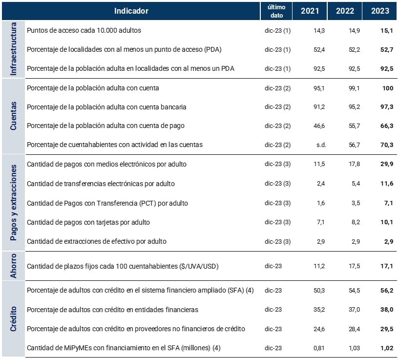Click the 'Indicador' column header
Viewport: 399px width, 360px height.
[x=131, y=11]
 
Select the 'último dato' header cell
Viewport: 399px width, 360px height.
[x=277, y=11]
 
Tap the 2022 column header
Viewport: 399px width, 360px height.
[x=345, y=11]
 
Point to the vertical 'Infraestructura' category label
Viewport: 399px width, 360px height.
[x=13, y=49]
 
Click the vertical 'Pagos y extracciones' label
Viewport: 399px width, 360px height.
[x=13, y=203]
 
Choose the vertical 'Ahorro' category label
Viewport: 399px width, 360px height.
[x=13, y=266]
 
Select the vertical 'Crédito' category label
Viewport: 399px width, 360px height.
[x=13, y=319]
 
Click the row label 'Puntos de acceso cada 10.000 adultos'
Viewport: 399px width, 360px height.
[x=84, y=30]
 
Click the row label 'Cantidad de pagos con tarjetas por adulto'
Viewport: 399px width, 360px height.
[x=88, y=222]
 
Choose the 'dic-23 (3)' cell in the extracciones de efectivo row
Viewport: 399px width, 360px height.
[x=277, y=241]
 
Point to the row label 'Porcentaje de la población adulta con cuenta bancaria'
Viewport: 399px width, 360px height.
[x=106, y=107]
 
